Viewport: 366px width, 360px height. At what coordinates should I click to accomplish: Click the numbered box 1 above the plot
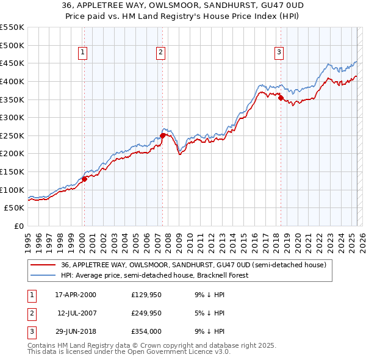coord(82,52)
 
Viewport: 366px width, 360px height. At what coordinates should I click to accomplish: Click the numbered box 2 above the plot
coord(160,52)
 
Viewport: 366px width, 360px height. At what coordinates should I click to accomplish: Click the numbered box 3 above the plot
coord(279,52)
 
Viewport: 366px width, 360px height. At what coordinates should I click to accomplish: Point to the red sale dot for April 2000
coord(84,178)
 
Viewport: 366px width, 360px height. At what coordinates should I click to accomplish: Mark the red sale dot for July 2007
coord(162,135)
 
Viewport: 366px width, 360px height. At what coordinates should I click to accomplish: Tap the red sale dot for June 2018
coord(281,98)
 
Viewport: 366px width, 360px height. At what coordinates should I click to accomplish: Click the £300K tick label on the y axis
coord(12,117)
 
